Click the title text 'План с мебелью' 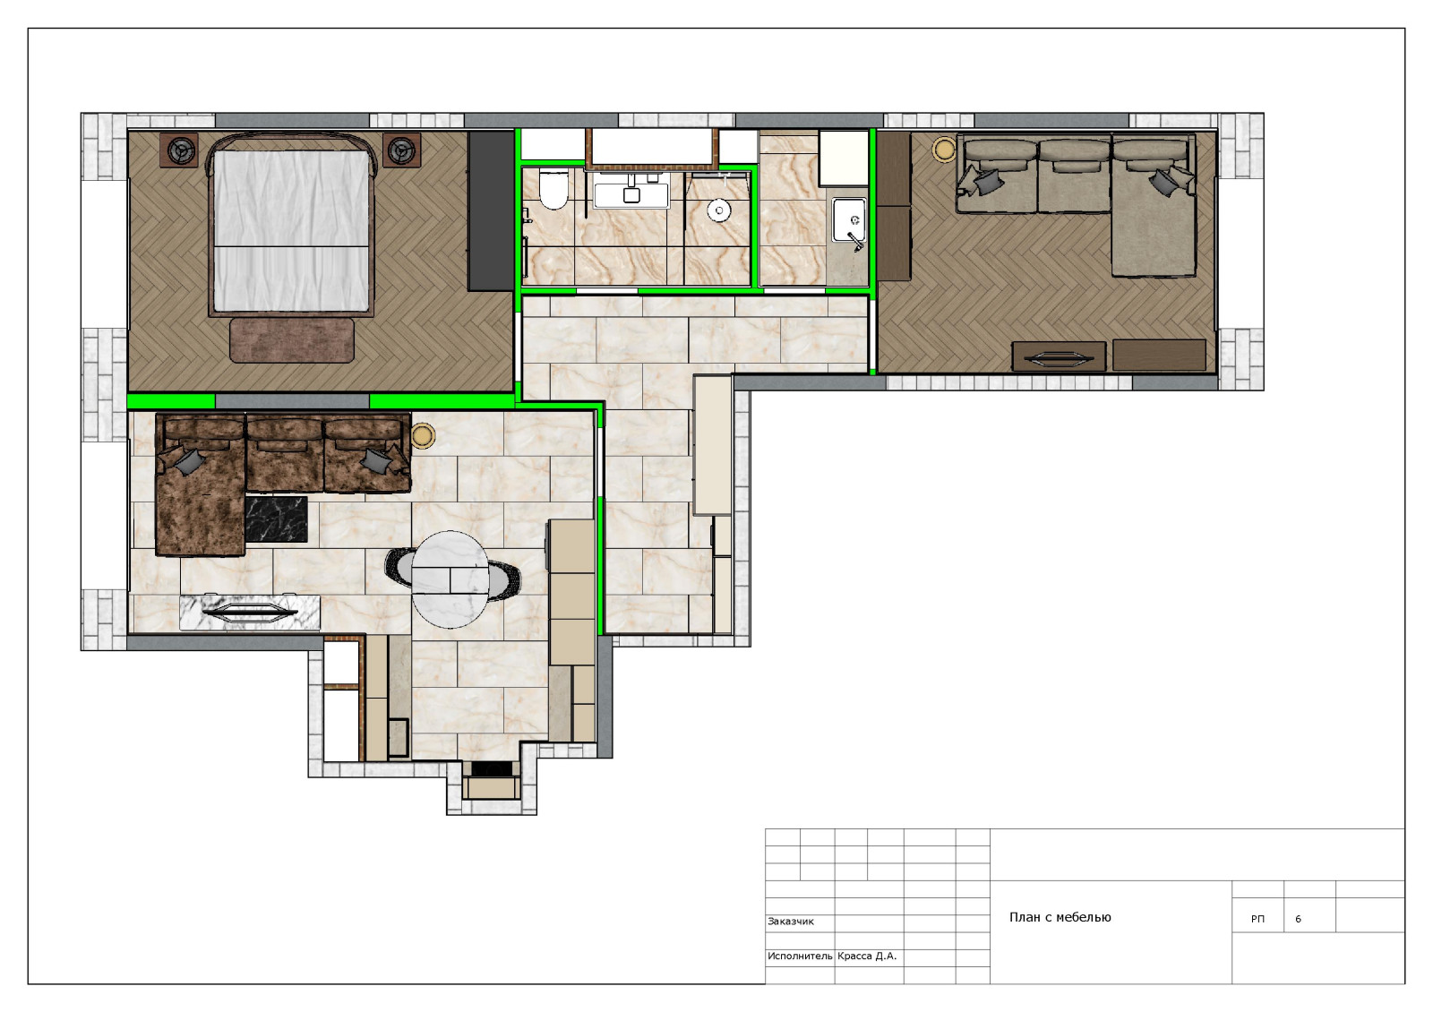[x=1060, y=917]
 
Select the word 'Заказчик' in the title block [x=791, y=922]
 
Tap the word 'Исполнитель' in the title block [x=800, y=956]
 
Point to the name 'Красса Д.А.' [x=867, y=956]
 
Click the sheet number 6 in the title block [x=1298, y=919]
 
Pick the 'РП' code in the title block [x=1257, y=919]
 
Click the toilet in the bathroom [x=553, y=189]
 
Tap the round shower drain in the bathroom [x=719, y=210]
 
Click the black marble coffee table [x=277, y=519]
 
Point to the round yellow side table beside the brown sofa [x=423, y=435]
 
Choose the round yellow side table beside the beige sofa [x=944, y=150]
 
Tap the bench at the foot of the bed [x=292, y=340]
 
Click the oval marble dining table [x=450, y=579]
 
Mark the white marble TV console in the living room [x=250, y=613]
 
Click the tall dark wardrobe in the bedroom [x=492, y=211]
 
